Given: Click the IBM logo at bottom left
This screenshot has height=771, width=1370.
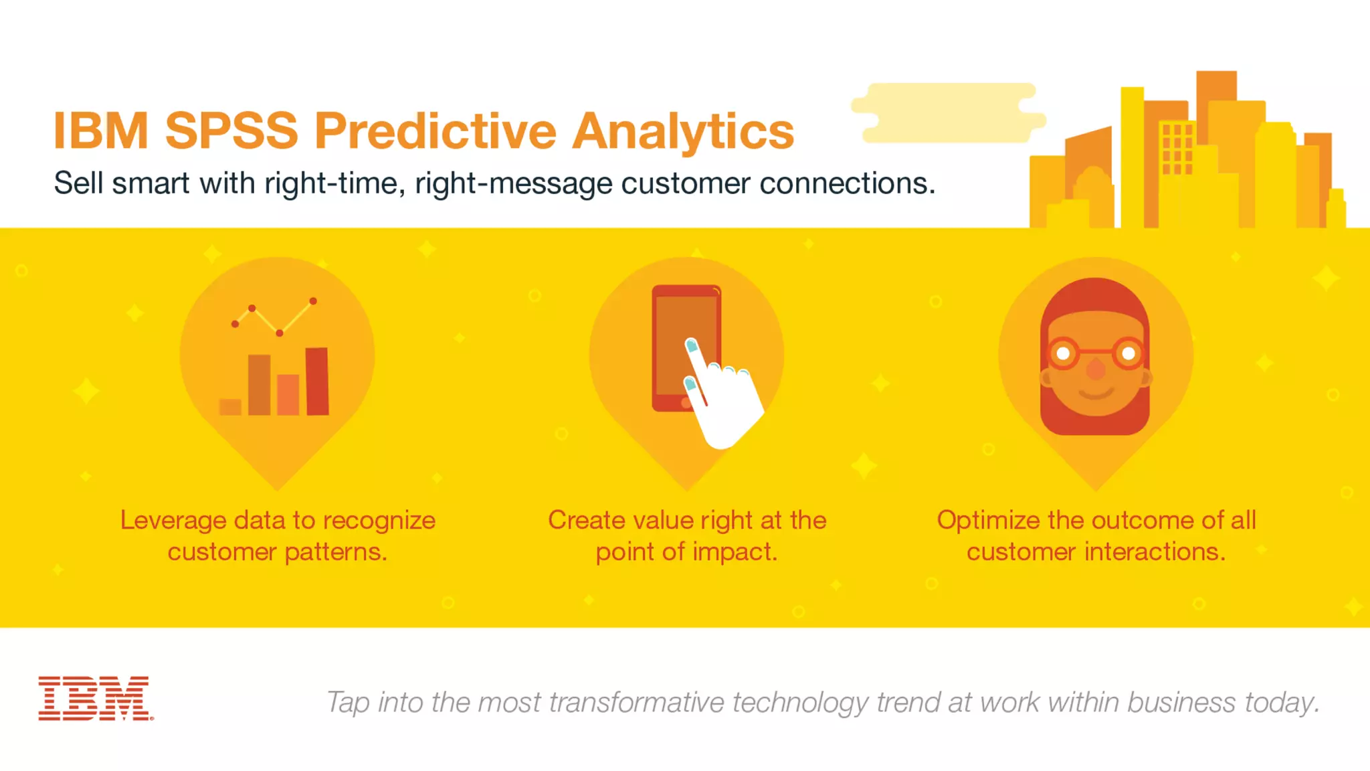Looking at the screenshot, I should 95,698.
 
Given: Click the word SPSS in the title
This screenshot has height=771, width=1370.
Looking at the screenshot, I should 231,131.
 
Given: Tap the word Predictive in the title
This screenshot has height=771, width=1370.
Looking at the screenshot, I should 435,131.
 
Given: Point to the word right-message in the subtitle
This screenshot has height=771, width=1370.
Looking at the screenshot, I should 513,183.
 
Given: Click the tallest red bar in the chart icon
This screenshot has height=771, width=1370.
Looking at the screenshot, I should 317,381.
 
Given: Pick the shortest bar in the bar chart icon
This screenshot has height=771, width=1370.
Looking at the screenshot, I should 230,407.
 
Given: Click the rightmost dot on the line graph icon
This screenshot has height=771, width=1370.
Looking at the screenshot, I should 313,301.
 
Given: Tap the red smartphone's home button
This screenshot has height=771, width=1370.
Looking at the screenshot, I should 686,403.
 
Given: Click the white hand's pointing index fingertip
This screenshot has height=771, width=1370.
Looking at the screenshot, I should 692,346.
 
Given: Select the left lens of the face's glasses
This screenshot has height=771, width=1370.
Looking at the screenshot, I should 1063,353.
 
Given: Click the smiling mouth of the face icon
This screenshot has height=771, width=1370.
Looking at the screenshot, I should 1096,392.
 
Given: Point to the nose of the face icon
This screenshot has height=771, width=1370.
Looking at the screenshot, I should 1096,369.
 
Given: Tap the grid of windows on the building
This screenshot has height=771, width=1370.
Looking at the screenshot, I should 1177,149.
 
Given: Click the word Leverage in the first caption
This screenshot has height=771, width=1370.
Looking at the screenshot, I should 173,521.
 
